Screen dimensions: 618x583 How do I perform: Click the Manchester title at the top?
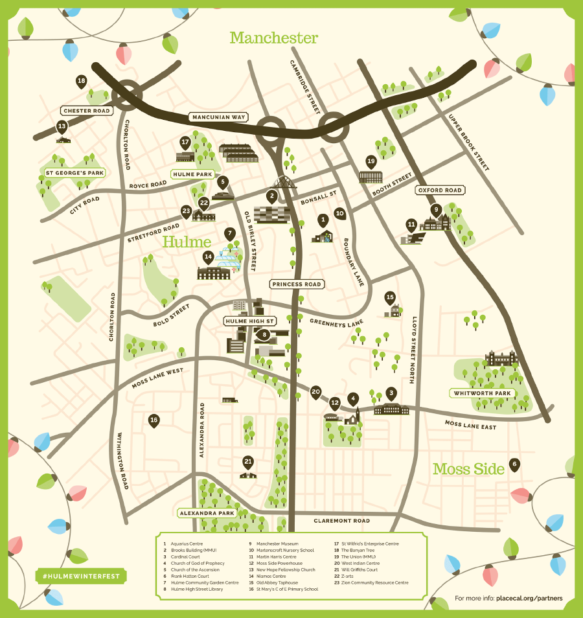274,38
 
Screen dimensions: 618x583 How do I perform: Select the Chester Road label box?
87,111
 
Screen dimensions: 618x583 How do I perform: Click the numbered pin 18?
81,82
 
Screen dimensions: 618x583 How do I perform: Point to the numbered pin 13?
62,127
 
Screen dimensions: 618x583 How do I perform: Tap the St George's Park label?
74,173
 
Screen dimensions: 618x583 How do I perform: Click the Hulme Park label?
193,174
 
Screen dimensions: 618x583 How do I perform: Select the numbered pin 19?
371,161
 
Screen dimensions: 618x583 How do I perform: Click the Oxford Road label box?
440,190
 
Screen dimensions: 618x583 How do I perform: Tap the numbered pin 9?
436,210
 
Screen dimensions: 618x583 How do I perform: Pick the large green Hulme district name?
187,242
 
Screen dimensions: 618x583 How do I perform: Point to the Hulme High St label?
249,321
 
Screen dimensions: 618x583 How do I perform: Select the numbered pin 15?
390,298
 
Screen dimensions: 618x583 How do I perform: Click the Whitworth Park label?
483,393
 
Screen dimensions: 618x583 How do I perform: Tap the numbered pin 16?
154,420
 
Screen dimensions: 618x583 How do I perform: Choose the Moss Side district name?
468,469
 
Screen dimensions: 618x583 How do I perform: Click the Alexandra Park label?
207,513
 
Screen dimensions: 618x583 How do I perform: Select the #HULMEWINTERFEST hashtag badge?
81,576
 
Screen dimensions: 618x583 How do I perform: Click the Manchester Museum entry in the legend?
277,544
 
